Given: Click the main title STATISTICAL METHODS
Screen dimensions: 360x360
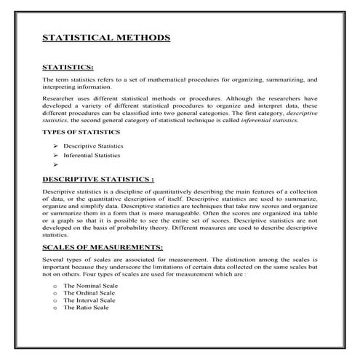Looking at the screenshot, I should tap(106, 37).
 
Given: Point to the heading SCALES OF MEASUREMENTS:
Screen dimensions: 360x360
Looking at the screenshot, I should tap(103, 248).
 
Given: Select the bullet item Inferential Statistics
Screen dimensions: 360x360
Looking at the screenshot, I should tap(92, 156).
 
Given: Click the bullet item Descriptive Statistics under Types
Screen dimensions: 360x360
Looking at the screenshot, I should tap(92, 146).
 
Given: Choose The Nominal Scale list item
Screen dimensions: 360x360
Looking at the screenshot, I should tap(89, 288).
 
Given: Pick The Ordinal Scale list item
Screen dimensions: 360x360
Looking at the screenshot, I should tap(89, 295).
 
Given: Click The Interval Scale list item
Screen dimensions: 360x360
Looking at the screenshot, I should tap(89, 301).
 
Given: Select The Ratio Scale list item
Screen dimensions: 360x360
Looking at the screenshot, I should tap(86, 308).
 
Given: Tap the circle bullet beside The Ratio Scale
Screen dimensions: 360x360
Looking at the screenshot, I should tap(55, 308).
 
